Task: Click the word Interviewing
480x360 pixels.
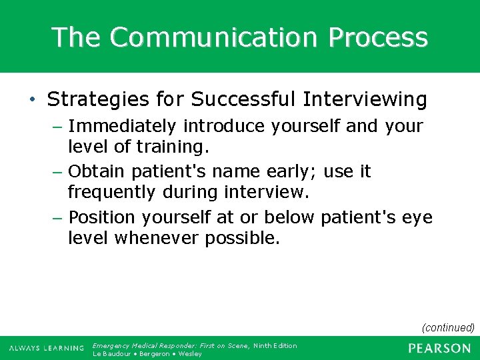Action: [x=365, y=99]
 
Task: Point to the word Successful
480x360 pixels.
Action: [x=243, y=99]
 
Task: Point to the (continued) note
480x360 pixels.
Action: [x=448, y=327]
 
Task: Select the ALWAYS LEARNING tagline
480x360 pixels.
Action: [x=46, y=348]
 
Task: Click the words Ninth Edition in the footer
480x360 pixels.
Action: [x=275, y=345]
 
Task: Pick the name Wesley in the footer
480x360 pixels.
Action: [x=190, y=353]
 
